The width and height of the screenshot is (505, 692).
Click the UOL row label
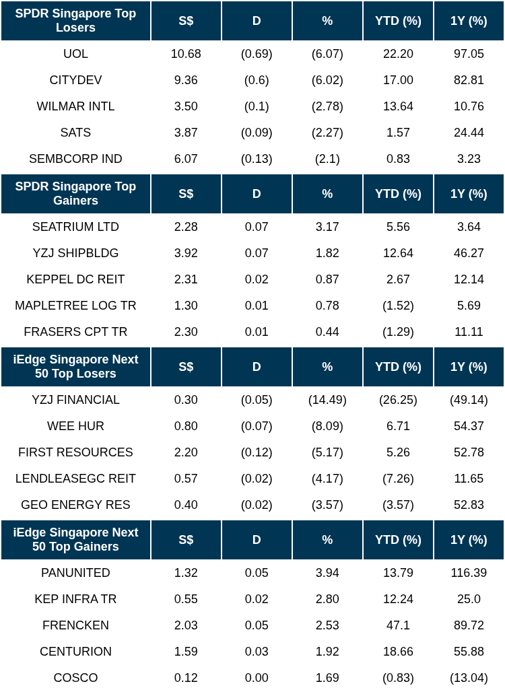pyautogui.click(x=75, y=54)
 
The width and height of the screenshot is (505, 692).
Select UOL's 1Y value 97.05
pyautogui.click(x=469, y=54)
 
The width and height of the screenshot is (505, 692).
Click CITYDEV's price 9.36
pyautogui.click(x=186, y=80)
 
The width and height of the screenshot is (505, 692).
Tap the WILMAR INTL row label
pyautogui.click(x=75, y=106)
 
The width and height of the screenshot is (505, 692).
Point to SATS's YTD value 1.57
pyautogui.click(x=398, y=133)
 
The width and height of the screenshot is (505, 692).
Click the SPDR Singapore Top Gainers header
pyautogui.click(x=75, y=194)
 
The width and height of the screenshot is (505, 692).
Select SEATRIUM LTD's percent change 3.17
pyautogui.click(x=327, y=227)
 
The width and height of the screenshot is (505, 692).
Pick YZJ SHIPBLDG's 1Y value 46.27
pyautogui.click(x=469, y=253)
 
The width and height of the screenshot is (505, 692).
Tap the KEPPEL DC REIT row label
pyautogui.click(x=75, y=279)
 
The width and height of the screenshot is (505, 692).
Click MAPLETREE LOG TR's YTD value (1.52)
pyautogui.click(x=398, y=306)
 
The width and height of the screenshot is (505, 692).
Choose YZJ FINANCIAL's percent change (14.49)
pyautogui.click(x=327, y=400)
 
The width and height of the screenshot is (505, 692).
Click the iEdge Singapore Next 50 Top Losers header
pyautogui.click(x=75, y=367)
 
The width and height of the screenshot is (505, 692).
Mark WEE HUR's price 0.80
pyautogui.click(x=186, y=426)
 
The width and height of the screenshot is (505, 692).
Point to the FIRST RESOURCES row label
pyautogui.click(x=75, y=452)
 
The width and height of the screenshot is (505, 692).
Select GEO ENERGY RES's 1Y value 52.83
pyautogui.click(x=469, y=505)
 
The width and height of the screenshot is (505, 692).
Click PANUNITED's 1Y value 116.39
pyautogui.click(x=469, y=573)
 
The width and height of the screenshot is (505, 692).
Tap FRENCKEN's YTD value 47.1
pyautogui.click(x=398, y=625)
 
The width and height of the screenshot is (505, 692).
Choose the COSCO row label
pyautogui.click(x=75, y=678)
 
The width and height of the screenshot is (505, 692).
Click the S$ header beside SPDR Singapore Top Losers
pyautogui.click(x=186, y=21)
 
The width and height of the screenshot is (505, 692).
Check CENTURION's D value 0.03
pyautogui.click(x=257, y=652)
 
